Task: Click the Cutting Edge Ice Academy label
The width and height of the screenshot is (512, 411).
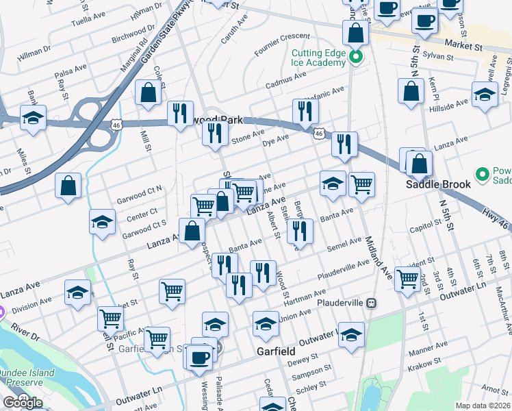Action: click(x=318, y=58)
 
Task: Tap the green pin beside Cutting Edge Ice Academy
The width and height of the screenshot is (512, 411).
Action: click(x=355, y=56)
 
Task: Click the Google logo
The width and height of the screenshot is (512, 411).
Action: click(x=23, y=403)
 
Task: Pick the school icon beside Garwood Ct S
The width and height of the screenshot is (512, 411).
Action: click(x=102, y=222)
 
